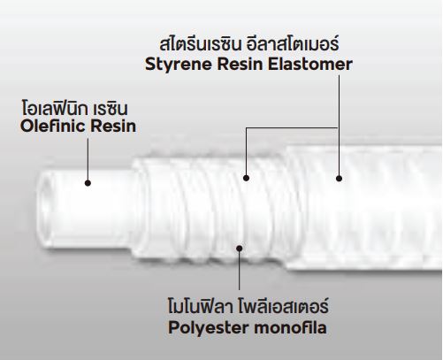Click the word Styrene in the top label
pyautogui.click(x=179, y=65)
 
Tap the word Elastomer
pyautogui.click(x=310, y=65)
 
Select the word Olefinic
pyautogui.click(x=52, y=126)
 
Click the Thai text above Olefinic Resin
pyautogui.click(x=75, y=109)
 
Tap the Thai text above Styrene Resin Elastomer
pyautogui.click(x=249, y=45)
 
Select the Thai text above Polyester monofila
pyautogui.click(x=248, y=307)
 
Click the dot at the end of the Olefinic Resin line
pyautogui.click(x=88, y=183)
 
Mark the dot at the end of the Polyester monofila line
pyautogui.click(x=240, y=249)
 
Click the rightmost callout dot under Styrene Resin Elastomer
pyautogui.click(x=339, y=179)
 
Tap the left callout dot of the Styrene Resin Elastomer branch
pyautogui.click(x=247, y=178)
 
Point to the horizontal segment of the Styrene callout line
pyautogui.click(x=293, y=127)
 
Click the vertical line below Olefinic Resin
pyautogui.click(x=88, y=159)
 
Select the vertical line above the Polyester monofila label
pyautogui.click(x=239, y=270)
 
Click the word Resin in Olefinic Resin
pyautogui.click(x=113, y=126)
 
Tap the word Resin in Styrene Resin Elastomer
pyautogui.click(x=240, y=65)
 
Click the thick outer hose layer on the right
pyautogui.click(x=364, y=206)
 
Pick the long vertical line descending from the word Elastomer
pyautogui.click(x=339, y=126)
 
